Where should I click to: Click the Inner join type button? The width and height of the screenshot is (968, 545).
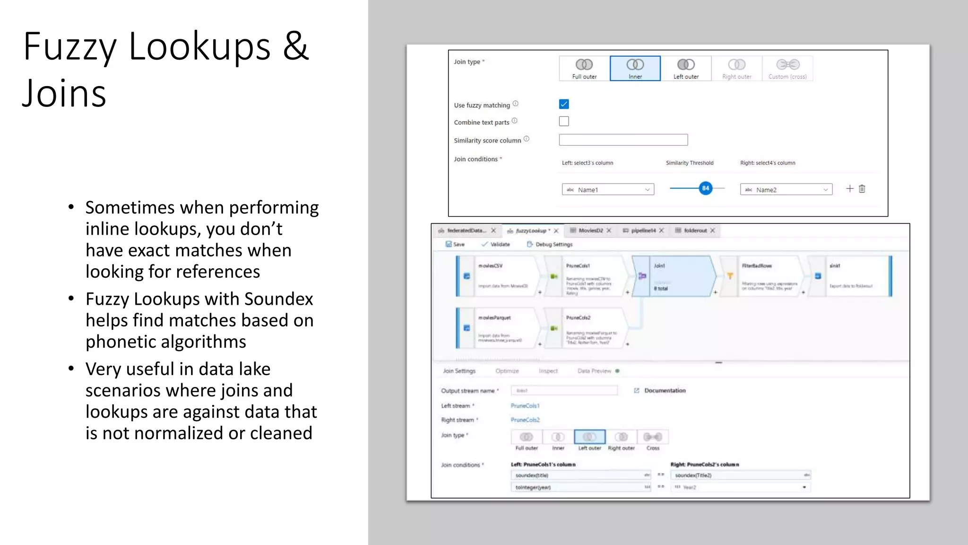pyautogui.click(x=635, y=68)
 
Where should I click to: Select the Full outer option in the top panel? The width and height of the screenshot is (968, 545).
pyautogui.click(x=584, y=68)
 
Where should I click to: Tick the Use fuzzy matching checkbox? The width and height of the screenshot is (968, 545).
pyautogui.click(x=564, y=104)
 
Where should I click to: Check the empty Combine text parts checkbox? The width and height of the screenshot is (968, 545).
pyautogui.click(x=564, y=122)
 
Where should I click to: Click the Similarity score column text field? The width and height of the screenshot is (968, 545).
pyautogui.click(x=623, y=140)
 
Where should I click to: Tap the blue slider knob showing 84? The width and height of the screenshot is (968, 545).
pyautogui.click(x=705, y=188)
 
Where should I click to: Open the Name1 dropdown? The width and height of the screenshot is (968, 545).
pyautogui.click(x=608, y=190)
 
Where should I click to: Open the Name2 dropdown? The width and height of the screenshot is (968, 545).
pyautogui.click(x=786, y=190)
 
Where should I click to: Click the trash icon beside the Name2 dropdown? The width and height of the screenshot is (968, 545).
pyautogui.click(x=862, y=189)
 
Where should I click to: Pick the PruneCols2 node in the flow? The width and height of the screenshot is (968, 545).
pyautogui.click(x=591, y=328)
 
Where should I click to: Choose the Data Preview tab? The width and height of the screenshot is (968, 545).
pyautogui.click(x=594, y=371)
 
